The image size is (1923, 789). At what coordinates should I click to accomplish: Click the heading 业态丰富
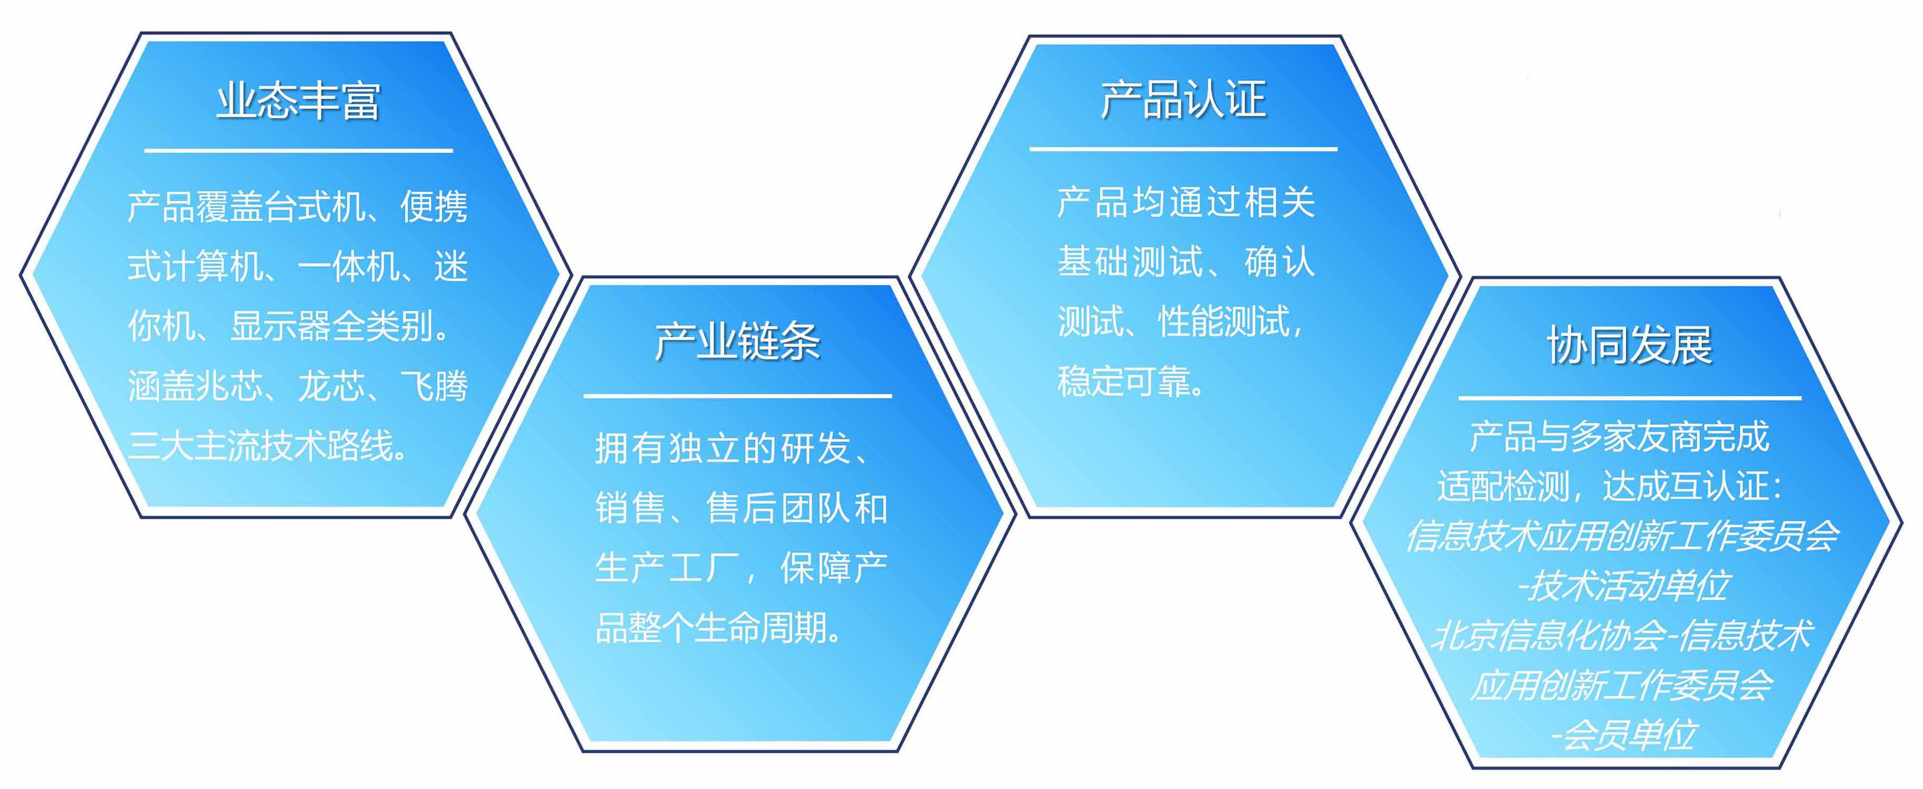pyautogui.click(x=299, y=101)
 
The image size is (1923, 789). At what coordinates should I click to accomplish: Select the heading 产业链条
pyautogui.click(x=738, y=343)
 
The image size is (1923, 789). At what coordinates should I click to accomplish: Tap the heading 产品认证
pyautogui.click(x=1183, y=99)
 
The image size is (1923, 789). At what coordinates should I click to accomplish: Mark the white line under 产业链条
pyautogui.click(x=738, y=396)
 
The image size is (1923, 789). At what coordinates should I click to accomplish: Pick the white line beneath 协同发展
pyautogui.click(x=1630, y=398)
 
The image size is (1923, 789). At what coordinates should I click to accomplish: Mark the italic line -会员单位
pyautogui.click(x=1624, y=735)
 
